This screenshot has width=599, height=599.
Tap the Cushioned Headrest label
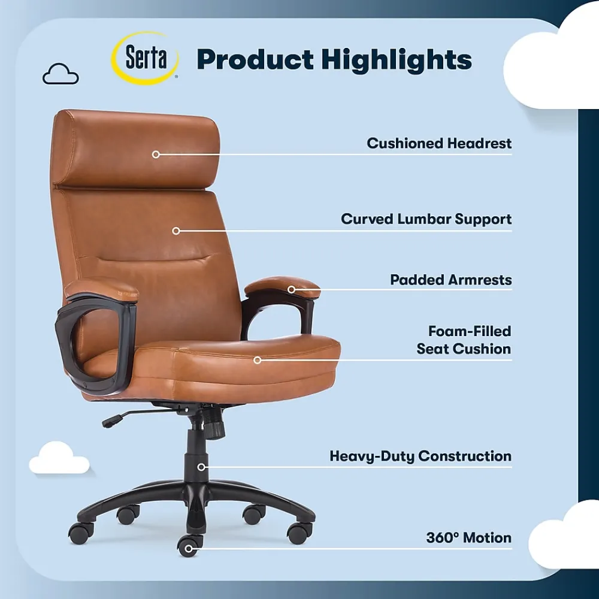click(x=439, y=144)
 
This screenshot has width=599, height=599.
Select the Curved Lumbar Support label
click(x=426, y=219)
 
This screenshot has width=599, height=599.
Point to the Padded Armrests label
click(x=450, y=280)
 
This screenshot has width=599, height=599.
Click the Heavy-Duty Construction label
click(x=420, y=456)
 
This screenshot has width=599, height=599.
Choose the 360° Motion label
click(x=468, y=538)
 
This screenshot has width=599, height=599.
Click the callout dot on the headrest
click(x=156, y=154)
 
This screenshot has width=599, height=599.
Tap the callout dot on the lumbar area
click(x=176, y=231)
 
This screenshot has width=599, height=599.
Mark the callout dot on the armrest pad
click(x=291, y=289)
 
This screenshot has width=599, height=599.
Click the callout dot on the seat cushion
click(x=257, y=360)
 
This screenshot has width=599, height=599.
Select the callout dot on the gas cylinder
click(x=202, y=467)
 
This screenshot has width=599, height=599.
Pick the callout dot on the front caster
click(x=189, y=547)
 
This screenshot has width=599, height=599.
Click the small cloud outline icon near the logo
click(x=60, y=74)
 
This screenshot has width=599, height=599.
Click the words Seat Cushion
click(x=464, y=349)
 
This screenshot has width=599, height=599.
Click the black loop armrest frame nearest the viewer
click(x=96, y=347)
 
